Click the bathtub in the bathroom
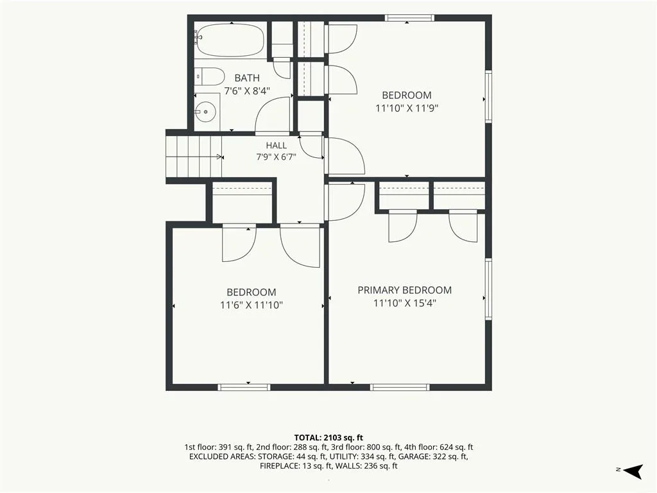[x=230, y=40]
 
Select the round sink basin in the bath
[x=206, y=112]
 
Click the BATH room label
[x=247, y=78]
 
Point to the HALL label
[x=276, y=146]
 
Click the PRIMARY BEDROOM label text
[x=404, y=290]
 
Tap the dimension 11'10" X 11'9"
[x=406, y=108]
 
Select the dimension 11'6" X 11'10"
[x=252, y=305]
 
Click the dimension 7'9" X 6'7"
[x=276, y=157]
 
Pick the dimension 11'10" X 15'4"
[x=405, y=303]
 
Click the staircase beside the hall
[x=194, y=157]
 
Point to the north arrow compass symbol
[x=633, y=471]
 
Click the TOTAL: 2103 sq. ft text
[x=328, y=438]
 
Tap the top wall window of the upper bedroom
[x=409, y=17]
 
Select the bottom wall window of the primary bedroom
[x=400, y=387]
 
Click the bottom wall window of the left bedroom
[x=244, y=387]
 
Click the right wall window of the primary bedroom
[x=488, y=290]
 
